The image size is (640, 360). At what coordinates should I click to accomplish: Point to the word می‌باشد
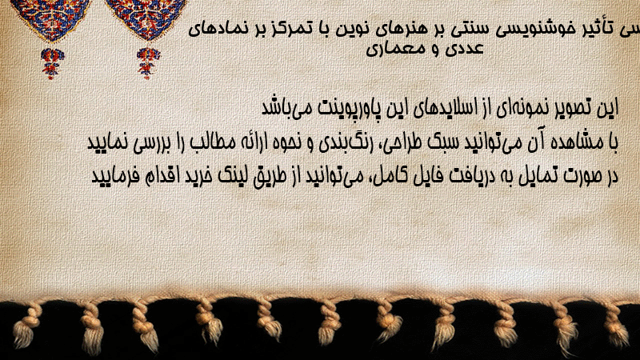pos(287,108)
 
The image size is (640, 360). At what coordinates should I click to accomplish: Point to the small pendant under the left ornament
pos(52,62)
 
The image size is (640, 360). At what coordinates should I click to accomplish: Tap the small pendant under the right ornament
pos(148,62)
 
